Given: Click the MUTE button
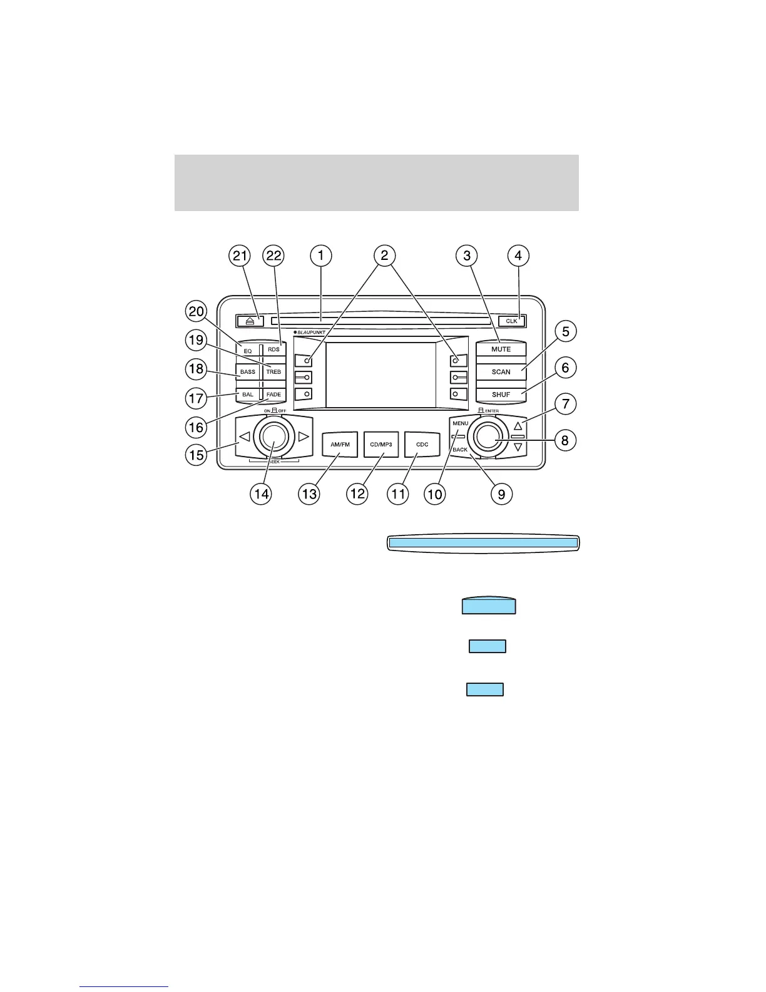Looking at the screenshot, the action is pyautogui.click(x=501, y=349).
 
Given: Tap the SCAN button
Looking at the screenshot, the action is pyautogui.click(x=501, y=372).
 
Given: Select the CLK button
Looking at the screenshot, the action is pyautogui.click(x=512, y=321).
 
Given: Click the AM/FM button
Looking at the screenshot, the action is pyautogui.click(x=340, y=444).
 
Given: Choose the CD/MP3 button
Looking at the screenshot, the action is pyautogui.click(x=381, y=444).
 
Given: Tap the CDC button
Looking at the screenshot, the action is pyautogui.click(x=422, y=444).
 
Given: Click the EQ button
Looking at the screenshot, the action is pyautogui.click(x=248, y=351).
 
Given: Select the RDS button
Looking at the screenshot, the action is pyautogui.click(x=274, y=349).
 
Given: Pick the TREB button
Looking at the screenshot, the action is pyautogui.click(x=274, y=372).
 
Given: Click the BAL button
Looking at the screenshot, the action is pyautogui.click(x=248, y=395).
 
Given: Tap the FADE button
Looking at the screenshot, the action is pyautogui.click(x=274, y=395).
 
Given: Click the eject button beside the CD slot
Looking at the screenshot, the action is pyautogui.click(x=250, y=321).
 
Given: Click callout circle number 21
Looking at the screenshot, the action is pyautogui.click(x=240, y=256).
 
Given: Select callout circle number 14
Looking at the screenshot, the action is pyautogui.click(x=261, y=493).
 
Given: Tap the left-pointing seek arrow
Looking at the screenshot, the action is pyautogui.click(x=245, y=437).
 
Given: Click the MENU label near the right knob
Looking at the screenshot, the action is pyautogui.click(x=461, y=423).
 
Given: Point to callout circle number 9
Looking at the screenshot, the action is pyautogui.click(x=501, y=493).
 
